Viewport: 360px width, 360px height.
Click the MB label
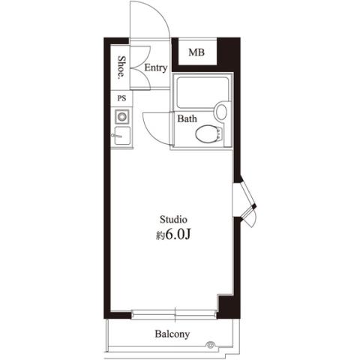click(x=196, y=52)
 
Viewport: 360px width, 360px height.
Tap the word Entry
click(x=156, y=67)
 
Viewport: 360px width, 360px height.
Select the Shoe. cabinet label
click(x=121, y=67)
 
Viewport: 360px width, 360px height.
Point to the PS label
click(x=121, y=98)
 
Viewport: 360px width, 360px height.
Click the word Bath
click(x=187, y=118)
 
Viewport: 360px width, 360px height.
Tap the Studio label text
click(x=173, y=220)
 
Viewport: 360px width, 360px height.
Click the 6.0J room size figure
click(x=178, y=235)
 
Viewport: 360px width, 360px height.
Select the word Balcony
click(x=172, y=334)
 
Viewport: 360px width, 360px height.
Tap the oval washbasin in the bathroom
click(x=221, y=112)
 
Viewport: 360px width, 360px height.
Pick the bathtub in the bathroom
click(x=202, y=92)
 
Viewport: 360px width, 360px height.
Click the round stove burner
click(x=122, y=116)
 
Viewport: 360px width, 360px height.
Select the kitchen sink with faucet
click(x=122, y=136)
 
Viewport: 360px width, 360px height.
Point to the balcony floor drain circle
click(x=210, y=345)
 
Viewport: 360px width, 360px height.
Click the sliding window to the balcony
click(x=174, y=314)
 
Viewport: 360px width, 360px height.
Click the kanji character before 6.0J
click(x=160, y=235)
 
